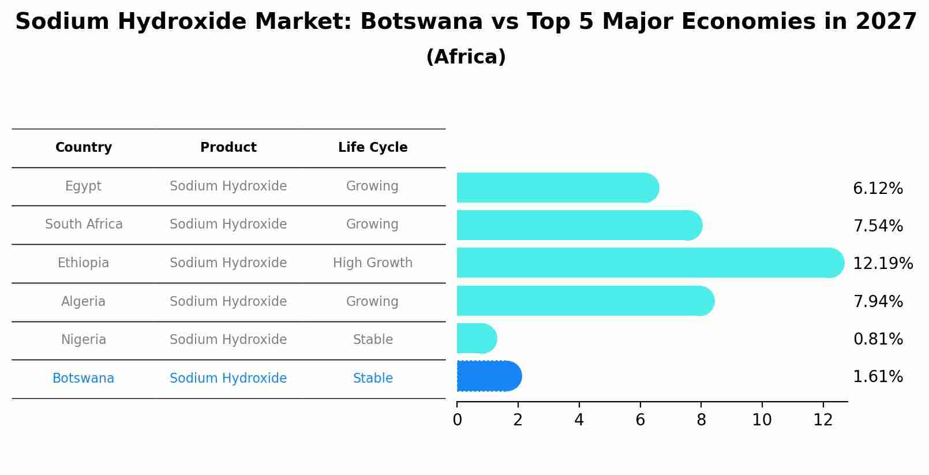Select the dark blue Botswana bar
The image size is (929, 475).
489,376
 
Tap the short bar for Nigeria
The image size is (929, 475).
476,338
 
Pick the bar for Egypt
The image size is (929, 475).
557,188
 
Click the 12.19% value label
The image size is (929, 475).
882,264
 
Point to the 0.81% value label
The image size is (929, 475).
878,339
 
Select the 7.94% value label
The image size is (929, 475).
878,302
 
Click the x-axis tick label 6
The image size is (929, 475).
640,420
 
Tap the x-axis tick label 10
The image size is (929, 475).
762,420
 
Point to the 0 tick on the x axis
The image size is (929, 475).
457,420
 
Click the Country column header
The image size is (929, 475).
84,148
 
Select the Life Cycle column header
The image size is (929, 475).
373,148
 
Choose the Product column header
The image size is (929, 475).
228,148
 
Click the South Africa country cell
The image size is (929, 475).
84,225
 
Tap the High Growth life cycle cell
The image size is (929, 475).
373,263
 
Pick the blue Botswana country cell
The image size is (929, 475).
84,379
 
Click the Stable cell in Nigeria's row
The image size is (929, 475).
373,340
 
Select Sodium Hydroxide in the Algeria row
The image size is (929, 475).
228,302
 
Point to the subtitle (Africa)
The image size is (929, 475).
466,57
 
